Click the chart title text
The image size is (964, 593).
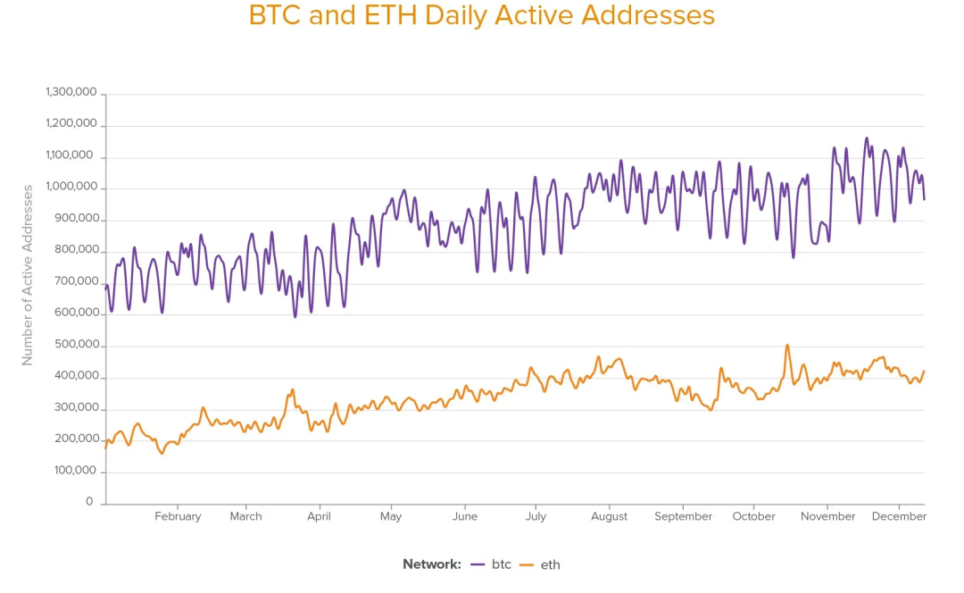482,16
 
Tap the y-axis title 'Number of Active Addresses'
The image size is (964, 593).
28,275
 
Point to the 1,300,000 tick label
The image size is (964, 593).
71,92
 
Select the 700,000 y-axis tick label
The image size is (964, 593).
74,281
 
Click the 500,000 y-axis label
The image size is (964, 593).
74,345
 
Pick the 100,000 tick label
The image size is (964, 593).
74,471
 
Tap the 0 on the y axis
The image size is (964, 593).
89,502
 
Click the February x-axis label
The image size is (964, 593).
178,516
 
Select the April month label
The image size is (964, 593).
319,516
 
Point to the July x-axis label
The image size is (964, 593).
536,516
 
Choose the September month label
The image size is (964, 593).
683,516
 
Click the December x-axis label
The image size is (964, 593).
899,516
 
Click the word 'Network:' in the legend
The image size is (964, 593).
432,564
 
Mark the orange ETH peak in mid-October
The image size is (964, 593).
787,345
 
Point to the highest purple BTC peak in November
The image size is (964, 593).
866,138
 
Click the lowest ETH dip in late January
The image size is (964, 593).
162,454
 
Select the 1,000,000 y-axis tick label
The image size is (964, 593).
71,188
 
